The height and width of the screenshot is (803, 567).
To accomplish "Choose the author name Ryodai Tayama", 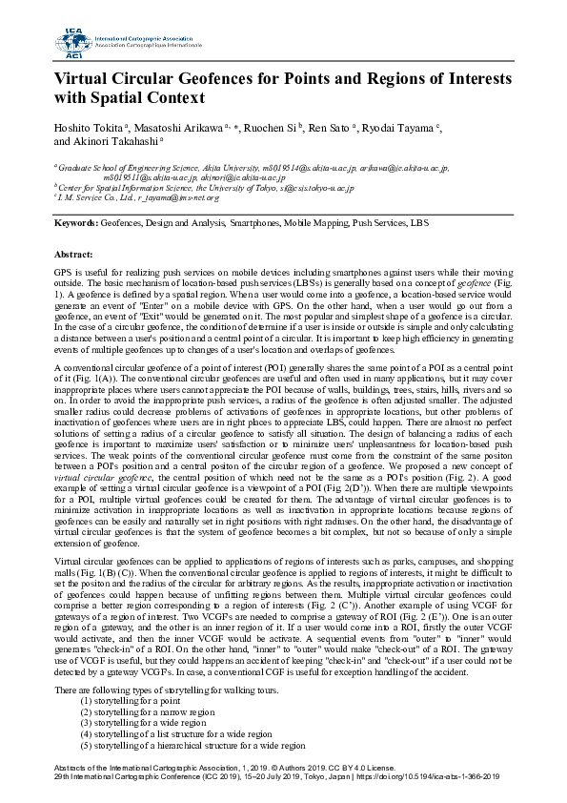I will (405, 128).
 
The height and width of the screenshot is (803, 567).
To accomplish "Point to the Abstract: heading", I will (75, 256).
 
